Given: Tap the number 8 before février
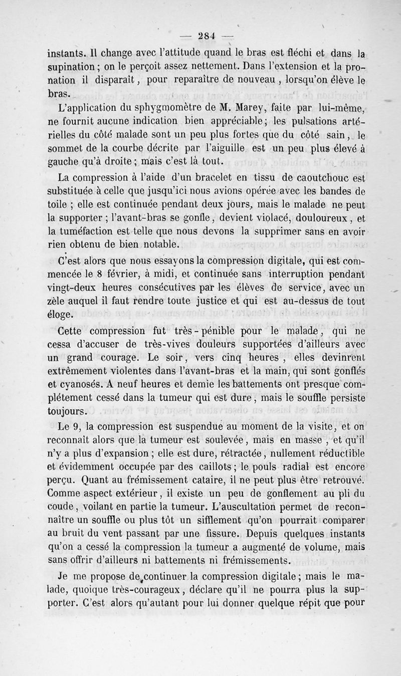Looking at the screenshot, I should coord(99,274).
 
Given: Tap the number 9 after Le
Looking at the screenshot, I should coord(79,427).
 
